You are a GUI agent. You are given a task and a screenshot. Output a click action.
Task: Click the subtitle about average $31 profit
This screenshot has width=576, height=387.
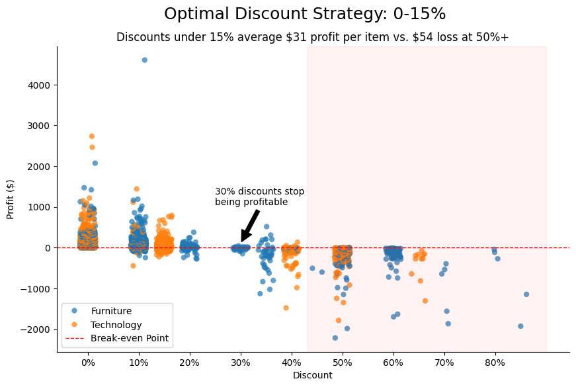(x=313, y=37)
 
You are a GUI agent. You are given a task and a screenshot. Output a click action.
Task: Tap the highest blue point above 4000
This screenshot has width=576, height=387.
(x=145, y=60)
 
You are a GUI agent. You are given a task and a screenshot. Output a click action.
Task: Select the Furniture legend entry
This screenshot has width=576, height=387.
(x=111, y=311)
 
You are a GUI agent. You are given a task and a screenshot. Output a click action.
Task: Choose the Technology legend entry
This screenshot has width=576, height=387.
(x=116, y=325)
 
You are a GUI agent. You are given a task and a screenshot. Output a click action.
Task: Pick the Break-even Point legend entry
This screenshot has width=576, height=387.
(x=130, y=339)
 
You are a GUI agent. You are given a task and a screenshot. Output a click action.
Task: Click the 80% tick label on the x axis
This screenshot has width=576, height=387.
(x=495, y=363)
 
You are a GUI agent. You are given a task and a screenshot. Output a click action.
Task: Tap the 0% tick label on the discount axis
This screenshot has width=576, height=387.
(x=88, y=363)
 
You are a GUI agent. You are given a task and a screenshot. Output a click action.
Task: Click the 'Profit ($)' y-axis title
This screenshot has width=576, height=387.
(x=11, y=199)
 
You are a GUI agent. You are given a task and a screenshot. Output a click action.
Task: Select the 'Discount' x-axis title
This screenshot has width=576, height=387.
(x=313, y=376)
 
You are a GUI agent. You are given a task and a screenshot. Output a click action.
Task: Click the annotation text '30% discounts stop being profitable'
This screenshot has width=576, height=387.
(x=259, y=196)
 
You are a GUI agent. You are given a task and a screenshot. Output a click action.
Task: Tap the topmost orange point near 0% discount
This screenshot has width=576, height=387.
(x=92, y=136)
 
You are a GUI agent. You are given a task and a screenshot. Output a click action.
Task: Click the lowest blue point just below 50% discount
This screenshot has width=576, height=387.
(x=335, y=338)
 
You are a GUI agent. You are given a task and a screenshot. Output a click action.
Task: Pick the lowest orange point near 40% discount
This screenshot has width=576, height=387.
(x=286, y=308)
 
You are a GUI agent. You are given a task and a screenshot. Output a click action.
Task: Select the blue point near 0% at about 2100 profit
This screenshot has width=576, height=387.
(x=95, y=163)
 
